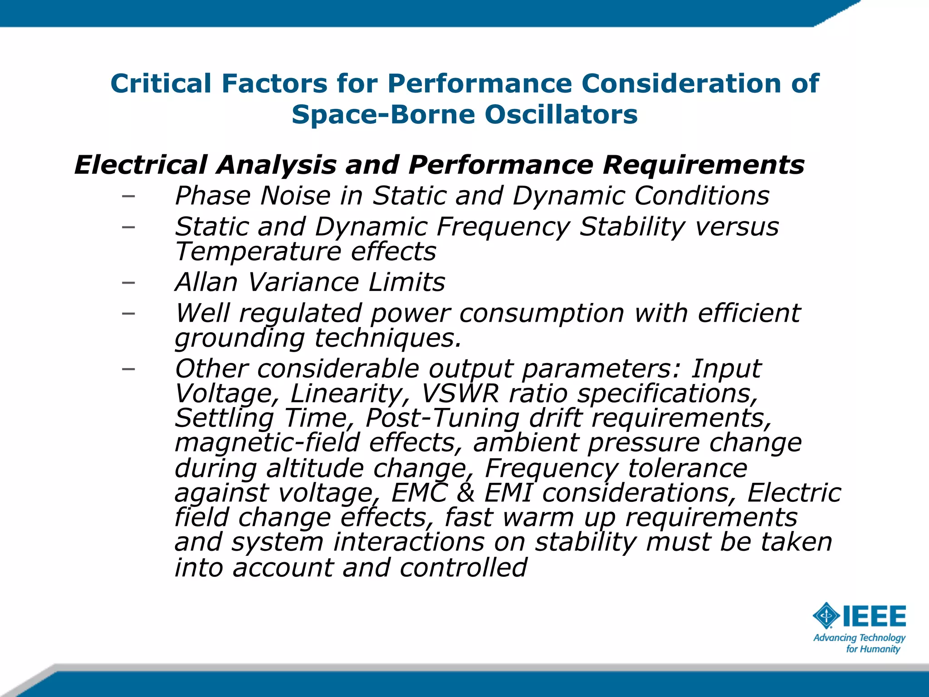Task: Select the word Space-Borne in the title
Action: (383, 114)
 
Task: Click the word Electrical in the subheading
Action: (140, 164)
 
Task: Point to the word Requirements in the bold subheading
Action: (703, 164)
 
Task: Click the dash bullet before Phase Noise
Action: (128, 196)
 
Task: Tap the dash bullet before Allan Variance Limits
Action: (128, 282)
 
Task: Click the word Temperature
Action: (258, 251)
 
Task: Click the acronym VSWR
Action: (460, 393)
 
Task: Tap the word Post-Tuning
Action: (442, 417)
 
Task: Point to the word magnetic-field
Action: (267, 442)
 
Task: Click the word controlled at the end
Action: (463, 567)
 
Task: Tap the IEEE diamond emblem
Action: (826, 616)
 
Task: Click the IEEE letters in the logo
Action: (875, 616)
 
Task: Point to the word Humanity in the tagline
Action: (881, 649)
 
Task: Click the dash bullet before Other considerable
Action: (128, 368)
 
